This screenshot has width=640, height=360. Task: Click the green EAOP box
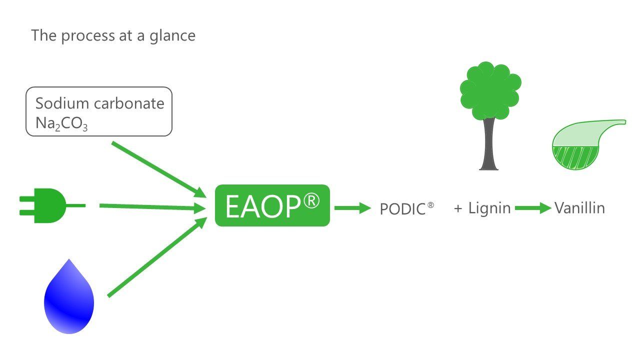pyautogui.click(x=272, y=205)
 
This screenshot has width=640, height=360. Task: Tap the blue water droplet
pyautogui.click(x=69, y=300)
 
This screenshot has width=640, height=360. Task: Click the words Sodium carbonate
pyautogui.click(x=99, y=103)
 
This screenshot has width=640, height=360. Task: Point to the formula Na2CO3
pyautogui.click(x=61, y=124)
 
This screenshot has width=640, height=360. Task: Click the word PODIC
pyautogui.click(x=402, y=209)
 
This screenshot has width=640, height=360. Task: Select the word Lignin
pyautogui.click(x=489, y=208)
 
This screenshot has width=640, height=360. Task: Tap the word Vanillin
pyautogui.click(x=579, y=208)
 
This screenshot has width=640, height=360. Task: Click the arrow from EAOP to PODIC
pyautogui.click(x=352, y=208)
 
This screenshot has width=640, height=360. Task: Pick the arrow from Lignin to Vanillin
pyautogui.click(x=532, y=208)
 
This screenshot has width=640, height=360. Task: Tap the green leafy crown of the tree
pyautogui.click(x=490, y=90)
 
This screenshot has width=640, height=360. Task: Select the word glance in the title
pyautogui.click(x=172, y=36)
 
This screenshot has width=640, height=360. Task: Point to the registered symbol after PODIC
pyautogui.click(x=430, y=205)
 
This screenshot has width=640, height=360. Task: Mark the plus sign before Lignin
pyautogui.click(x=458, y=208)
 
